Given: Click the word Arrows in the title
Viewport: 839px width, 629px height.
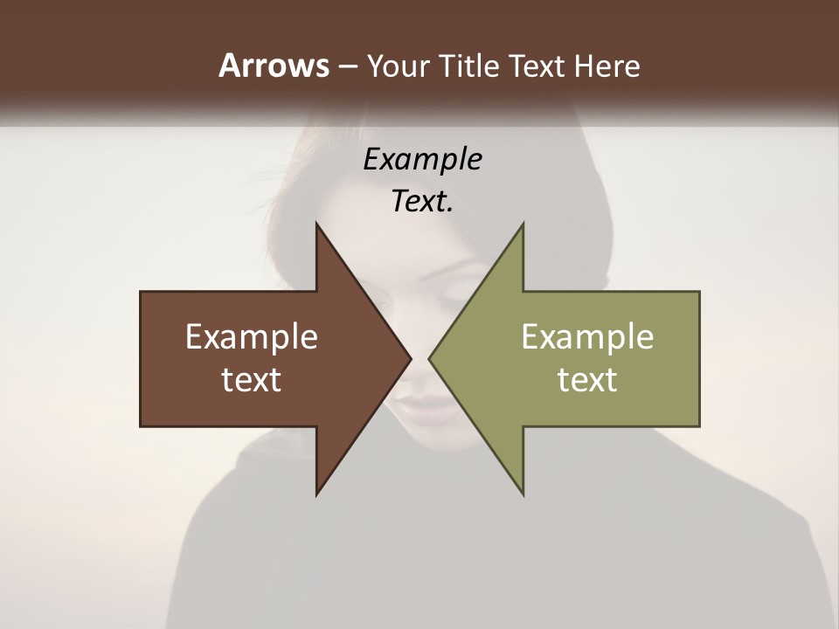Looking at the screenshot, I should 274,66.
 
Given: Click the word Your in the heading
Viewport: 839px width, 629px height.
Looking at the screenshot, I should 399,66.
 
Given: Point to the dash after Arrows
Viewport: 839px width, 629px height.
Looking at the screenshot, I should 347,66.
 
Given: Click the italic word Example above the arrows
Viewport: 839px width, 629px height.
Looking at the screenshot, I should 422,160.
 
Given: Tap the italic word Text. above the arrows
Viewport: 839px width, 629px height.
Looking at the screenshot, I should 422,201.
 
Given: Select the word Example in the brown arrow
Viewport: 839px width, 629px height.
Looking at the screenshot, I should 252,337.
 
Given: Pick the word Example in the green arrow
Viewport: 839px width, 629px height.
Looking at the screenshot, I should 587,337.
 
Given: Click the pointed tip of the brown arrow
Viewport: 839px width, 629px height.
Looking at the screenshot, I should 410,358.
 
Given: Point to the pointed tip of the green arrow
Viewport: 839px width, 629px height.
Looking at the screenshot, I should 430,358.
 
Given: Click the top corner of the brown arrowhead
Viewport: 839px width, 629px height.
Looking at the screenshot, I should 316,224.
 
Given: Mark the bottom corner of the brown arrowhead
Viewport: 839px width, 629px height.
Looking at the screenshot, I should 316,494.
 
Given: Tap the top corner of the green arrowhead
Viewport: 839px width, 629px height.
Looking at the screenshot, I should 523,224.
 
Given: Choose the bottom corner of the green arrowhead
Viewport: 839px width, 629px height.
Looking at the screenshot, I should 523,494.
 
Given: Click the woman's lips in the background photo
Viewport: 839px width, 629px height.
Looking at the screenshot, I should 415,406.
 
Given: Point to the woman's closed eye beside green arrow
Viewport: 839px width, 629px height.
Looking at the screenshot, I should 463,297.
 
